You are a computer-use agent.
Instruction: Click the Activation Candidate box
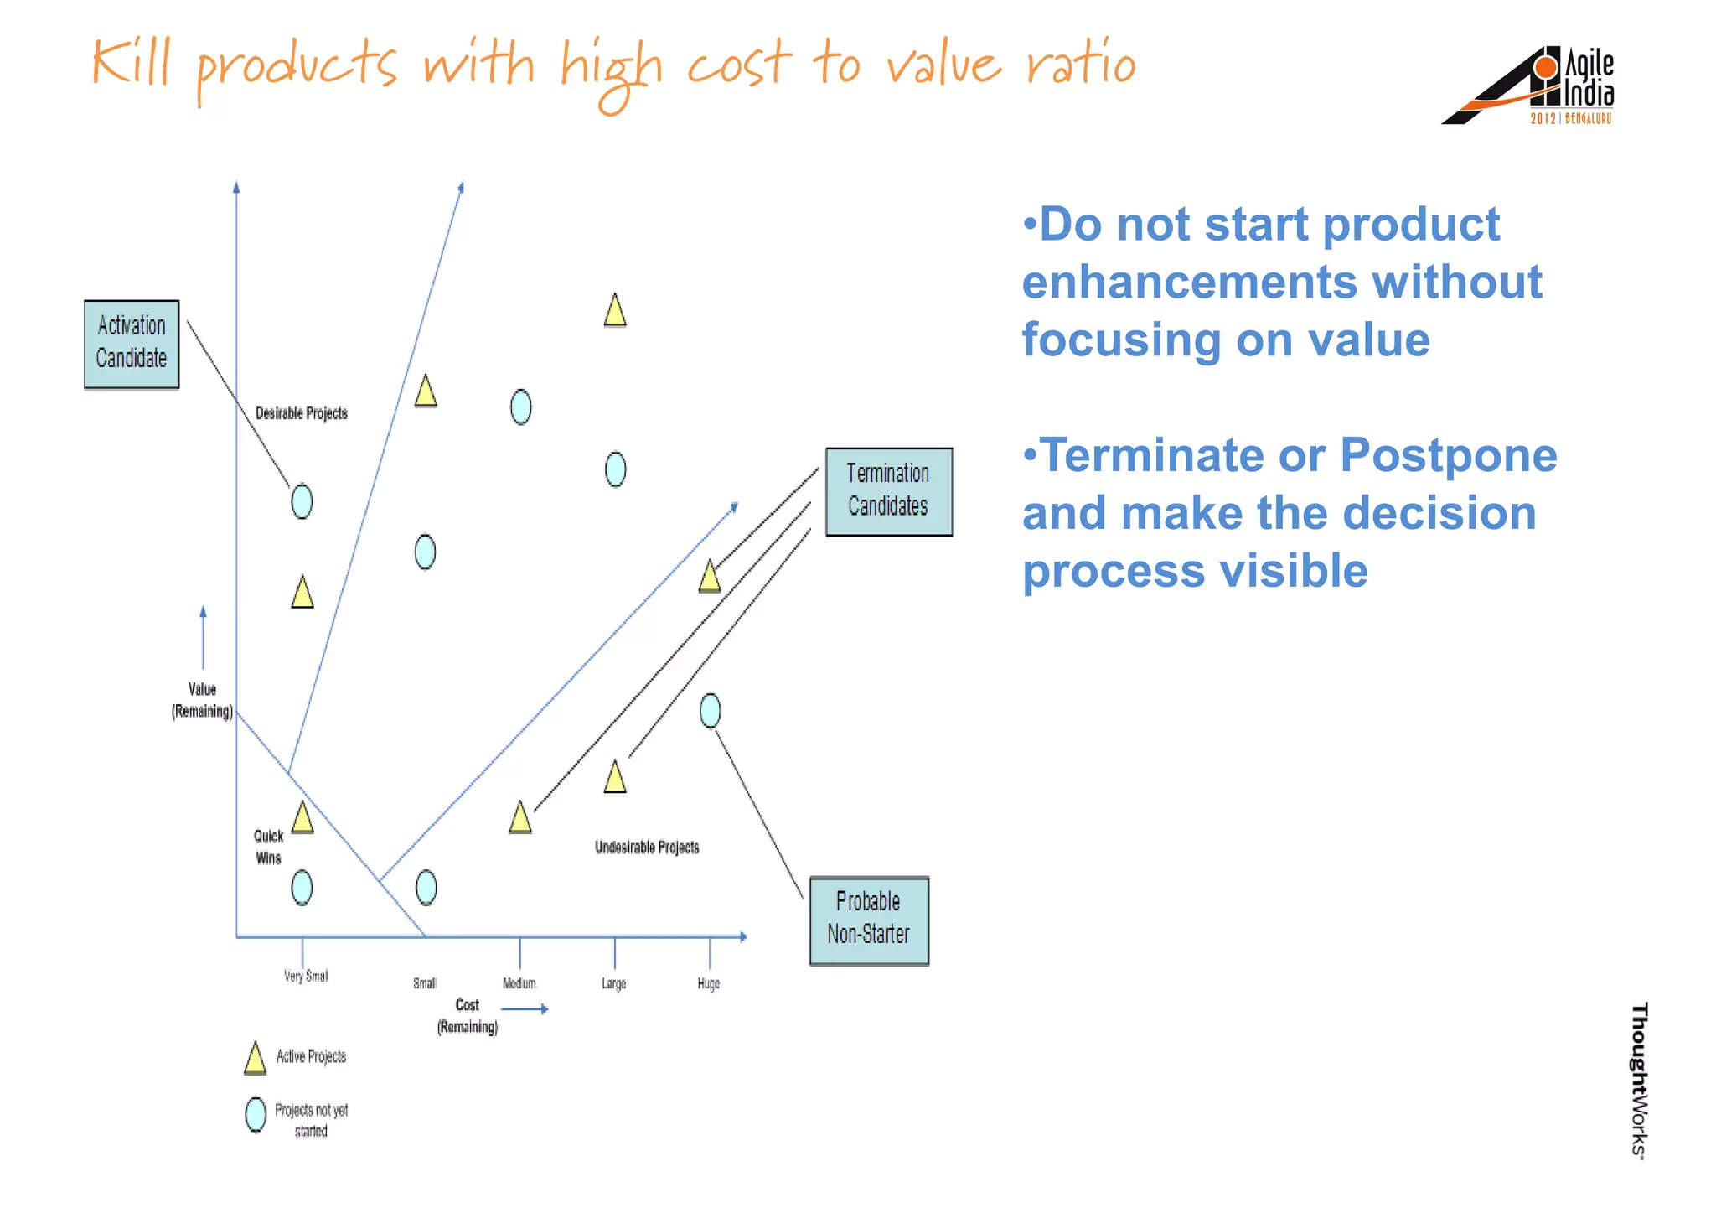click(132, 344)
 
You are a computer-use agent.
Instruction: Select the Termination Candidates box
click(888, 491)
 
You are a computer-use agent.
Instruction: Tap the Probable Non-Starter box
click(869, 920)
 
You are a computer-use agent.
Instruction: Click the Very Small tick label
click(306, 976)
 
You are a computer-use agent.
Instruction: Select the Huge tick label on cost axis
click(708, 983)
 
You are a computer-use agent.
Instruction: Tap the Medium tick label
click(519, 983)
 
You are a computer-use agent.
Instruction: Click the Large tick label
click(613, 983)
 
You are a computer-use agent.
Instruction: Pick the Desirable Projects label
click(301, 413)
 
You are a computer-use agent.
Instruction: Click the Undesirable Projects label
click(646, 848)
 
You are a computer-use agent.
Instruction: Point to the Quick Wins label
click(268, 847)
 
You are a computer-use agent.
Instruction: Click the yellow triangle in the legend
click(255, 1058)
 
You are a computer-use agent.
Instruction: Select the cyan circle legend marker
click(256, 1115)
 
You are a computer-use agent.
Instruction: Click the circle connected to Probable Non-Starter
click(710, 711)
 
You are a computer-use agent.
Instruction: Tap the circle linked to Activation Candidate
click(302, 501)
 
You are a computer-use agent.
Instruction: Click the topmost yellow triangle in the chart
click(615, 310)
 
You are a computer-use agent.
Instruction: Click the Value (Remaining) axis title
click(202, 700)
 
